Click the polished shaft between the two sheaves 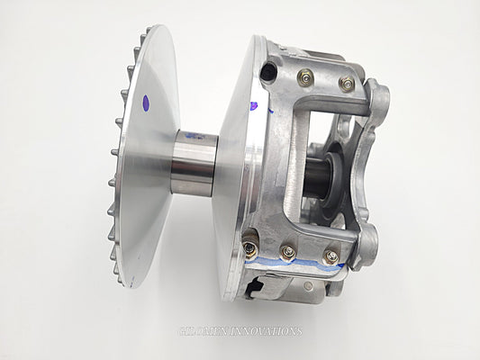click(195, 162)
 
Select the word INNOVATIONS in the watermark click(261, 331)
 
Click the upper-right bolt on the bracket click(346, 84)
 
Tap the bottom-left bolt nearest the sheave click(249, 246)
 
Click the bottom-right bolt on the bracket click(331, 257)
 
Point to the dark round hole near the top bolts click(267, 72)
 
